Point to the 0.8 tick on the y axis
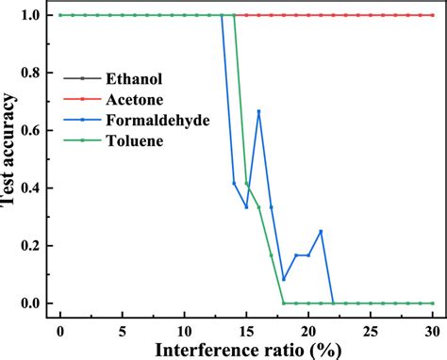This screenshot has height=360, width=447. pyautogui.click(x=31, y=74)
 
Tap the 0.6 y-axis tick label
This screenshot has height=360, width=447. pyautogui.click(x=31, y=131)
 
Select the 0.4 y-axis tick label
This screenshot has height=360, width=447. pyautogui.click(x=31, y=188)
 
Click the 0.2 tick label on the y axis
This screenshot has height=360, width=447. pyautogui.click(x=31, y=246)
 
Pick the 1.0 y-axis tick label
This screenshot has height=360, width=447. pyautogui.click(x=31, y=16)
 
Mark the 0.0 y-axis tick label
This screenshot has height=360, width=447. pyautogui.click(x=31, y=303)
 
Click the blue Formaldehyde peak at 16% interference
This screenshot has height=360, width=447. pyautogui.click(x=258, y=111)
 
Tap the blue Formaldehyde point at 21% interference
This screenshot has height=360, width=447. pyautogui.click(x=321, y=231)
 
